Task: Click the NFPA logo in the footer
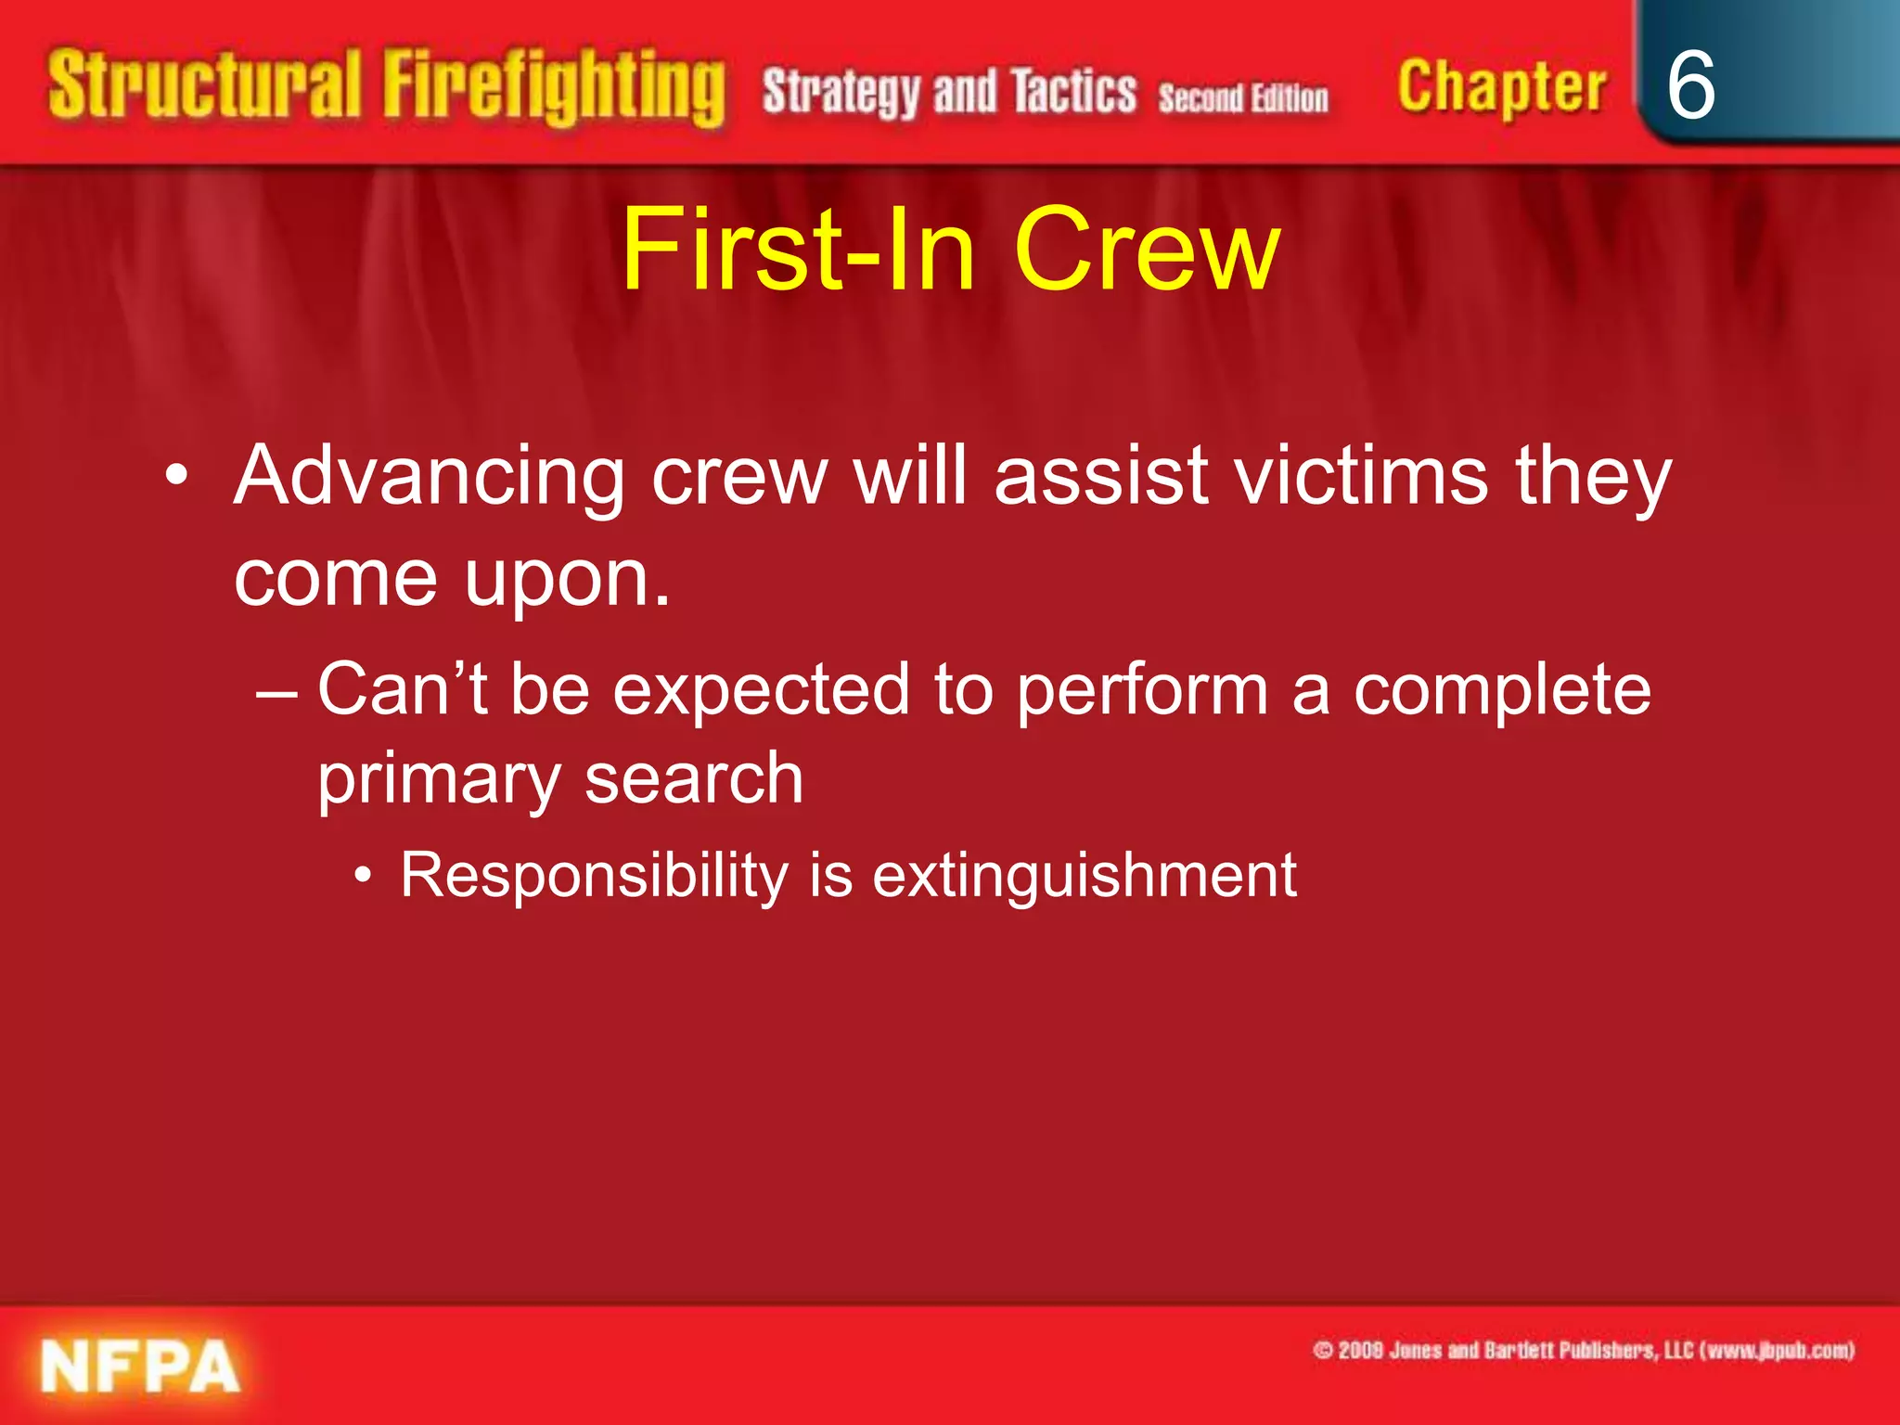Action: tap(140, 1366)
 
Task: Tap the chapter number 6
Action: tap(1690, 85)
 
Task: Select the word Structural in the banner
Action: tap(204, 86)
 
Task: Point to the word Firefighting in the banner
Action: tap(554, 88)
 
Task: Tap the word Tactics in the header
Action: tap(1073, 92)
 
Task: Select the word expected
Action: tap(761, 691)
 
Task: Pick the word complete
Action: tap(1502, 691)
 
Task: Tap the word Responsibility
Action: tap(594, 876)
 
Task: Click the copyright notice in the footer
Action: tap(1584, 1350)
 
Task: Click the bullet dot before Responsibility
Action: tap(365, 875)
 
